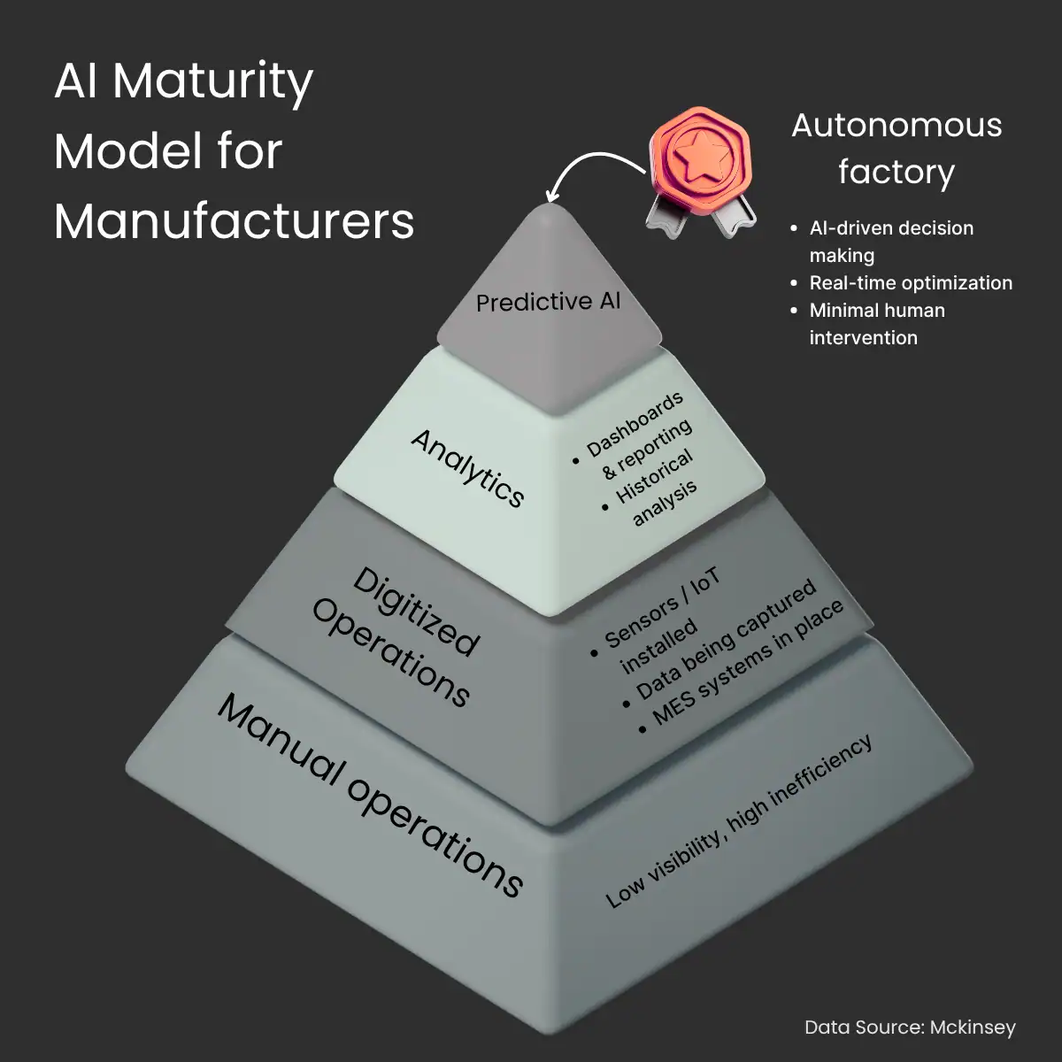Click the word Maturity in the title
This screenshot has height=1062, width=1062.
212,83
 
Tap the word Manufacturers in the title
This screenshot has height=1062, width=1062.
234,221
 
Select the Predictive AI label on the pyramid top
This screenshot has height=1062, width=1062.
548,302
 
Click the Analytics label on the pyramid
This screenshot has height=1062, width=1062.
468,468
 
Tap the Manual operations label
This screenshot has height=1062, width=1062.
371,794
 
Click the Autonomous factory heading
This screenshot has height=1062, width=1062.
896,148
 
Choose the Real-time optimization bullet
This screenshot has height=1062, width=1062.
910,283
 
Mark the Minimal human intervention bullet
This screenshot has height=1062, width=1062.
875,324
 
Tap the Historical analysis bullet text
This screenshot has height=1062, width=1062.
657,490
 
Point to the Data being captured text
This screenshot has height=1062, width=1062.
726,639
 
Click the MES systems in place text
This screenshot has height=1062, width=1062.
748,665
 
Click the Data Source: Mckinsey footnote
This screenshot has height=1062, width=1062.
910,1027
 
